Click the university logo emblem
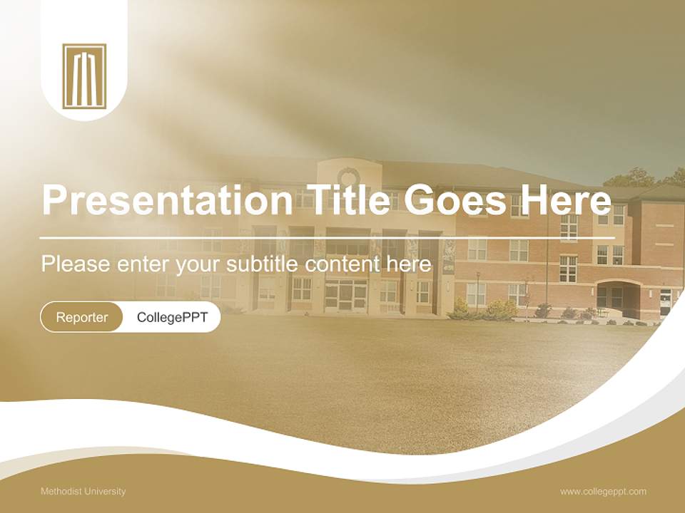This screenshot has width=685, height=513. (84, 76)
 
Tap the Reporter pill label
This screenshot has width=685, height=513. (81, 317)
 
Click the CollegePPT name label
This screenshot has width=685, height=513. (172, 317)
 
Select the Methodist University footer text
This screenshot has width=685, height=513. (83, 492)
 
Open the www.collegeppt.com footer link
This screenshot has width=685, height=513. (603, 492)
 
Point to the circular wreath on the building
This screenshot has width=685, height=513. (348, 176)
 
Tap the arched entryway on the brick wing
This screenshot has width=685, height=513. (619, 297)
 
